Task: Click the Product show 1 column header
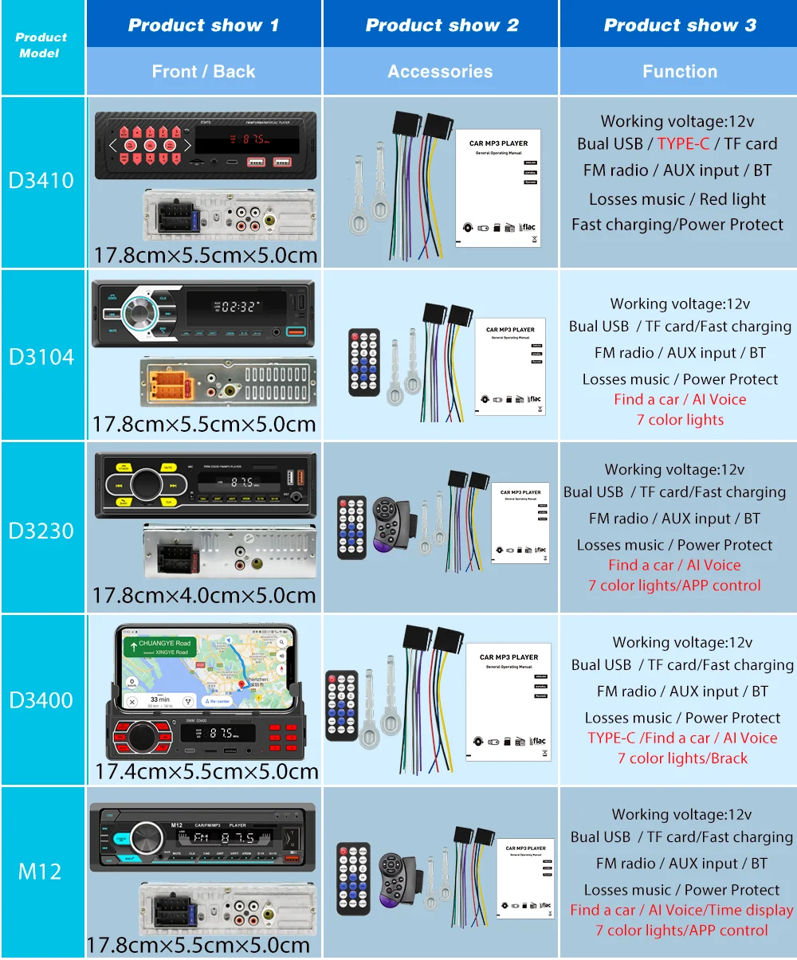tap(203, 25)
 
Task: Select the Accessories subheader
tap(440, 72)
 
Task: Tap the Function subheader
tap(679, 72)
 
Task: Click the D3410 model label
tap(41, 180)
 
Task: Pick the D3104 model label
tap(41, 356)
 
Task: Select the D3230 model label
tap(41, 530)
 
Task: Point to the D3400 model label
tap(41, 700)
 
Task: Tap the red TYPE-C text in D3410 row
tap(683, 144)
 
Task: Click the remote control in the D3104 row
tap(364, 362)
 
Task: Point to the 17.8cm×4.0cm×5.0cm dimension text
tap(204, 595)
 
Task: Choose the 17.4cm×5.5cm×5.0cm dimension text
tap(206, 771)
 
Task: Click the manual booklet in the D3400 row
tap(508, 701)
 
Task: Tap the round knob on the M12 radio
tap(146, 838)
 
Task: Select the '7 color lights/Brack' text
tap(682, 758)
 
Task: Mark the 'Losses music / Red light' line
tap(677, 199)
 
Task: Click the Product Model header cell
tap(41, 45)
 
